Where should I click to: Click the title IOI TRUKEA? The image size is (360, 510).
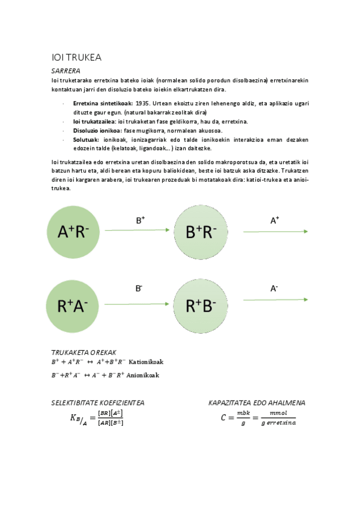coord(77,58)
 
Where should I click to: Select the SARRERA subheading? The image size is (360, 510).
coord(66,71)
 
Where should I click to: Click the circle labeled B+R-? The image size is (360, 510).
coord(201,232)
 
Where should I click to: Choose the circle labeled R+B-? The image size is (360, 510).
coord(201,306)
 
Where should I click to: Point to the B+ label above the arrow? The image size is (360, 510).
coord(140,221)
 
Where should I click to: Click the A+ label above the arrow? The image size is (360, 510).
coord(274,221)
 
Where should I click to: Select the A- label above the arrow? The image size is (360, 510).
coord(274,289)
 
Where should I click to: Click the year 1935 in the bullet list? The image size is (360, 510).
coord(142,103)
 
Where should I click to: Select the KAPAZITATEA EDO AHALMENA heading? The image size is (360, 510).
coord(257,402)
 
